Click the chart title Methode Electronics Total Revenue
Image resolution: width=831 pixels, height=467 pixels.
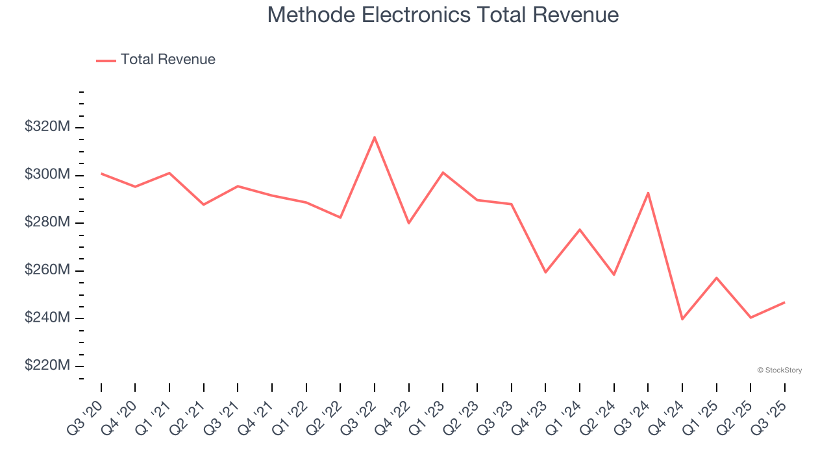(443, 15)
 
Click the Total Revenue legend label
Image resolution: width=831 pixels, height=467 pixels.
(167, 60)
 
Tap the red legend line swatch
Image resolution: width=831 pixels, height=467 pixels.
(106, 60)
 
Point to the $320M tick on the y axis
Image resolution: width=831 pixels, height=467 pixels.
(47, 127)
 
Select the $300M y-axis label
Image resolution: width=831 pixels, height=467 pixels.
(47, 175)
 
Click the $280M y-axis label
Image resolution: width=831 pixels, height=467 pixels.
(47, 222)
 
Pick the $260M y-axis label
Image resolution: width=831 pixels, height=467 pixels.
(47, 270)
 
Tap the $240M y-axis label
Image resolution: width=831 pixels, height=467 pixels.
(47, 318)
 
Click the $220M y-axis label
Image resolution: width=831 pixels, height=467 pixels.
(47, 366)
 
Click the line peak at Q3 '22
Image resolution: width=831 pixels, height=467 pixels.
(375, 137)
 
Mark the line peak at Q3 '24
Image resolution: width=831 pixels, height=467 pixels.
(648, 193)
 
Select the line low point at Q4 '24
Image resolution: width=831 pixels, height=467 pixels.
(682, 319)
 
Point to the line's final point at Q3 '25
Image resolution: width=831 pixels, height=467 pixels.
(784, 302)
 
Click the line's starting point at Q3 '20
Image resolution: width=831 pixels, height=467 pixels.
(101, 173)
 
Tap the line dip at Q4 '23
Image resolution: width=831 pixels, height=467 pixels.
(545, 272)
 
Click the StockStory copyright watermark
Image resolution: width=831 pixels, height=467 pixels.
(779, 370)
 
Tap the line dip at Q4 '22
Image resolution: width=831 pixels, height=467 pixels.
(409, 223)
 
